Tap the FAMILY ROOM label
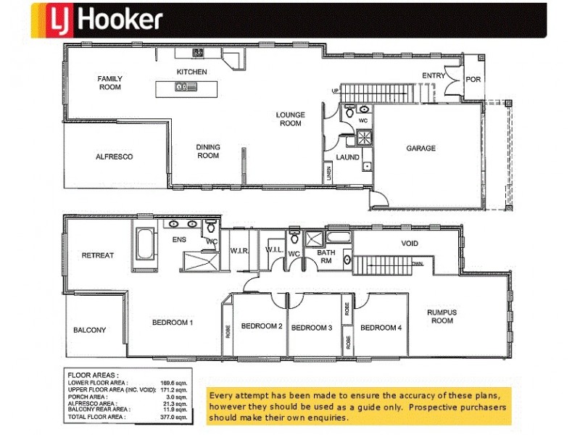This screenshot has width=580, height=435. click(110, 83)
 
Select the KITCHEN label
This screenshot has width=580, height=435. click(192, 72)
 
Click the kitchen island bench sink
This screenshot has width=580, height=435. click(182, 87)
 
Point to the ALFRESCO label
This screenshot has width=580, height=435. click(115, 157)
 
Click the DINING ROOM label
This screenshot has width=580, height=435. click(208, 151)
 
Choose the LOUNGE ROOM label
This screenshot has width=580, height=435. click(290, 119)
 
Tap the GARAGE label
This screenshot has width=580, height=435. click(420, 148)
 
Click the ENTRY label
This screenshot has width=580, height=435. click(434, 75)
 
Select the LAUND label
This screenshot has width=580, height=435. click(347, 157)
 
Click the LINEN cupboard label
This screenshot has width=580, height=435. click(328, 172)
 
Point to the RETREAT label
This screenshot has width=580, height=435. click(97, 255)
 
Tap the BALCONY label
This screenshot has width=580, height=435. click(90, 330)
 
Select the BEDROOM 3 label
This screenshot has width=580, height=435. click(311, 328)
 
